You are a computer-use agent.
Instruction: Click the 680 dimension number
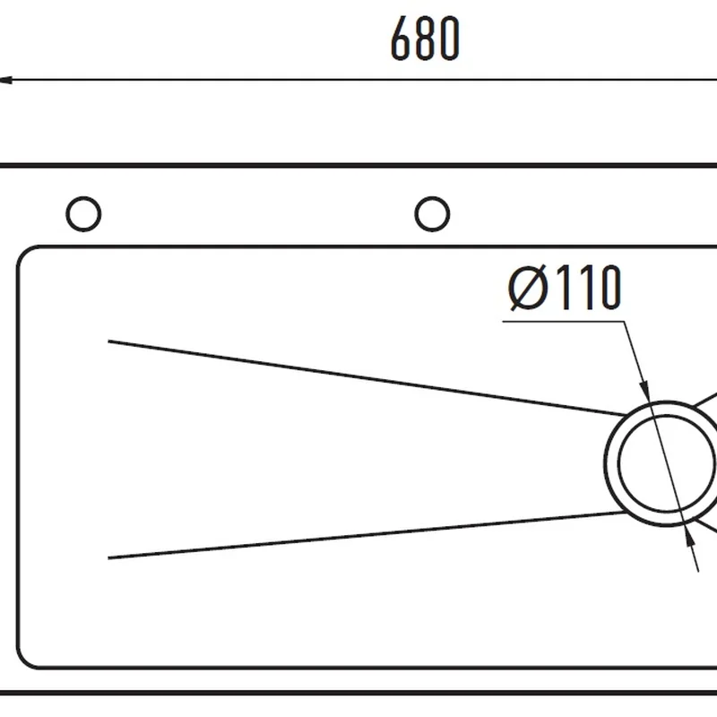click(425, 39)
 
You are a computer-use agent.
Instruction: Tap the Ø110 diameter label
click(565, 288)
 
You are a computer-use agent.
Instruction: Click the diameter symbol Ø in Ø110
click(527, 288)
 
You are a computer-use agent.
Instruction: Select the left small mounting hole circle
click(83, 214)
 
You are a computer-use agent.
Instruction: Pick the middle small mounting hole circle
click(432, 214)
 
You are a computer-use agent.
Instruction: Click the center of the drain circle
click(666, 463)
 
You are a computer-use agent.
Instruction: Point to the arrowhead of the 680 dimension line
click(5, 81)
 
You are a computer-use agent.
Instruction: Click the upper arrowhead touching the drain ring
click(644, 390)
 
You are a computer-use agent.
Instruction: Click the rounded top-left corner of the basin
click(24, 254)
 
